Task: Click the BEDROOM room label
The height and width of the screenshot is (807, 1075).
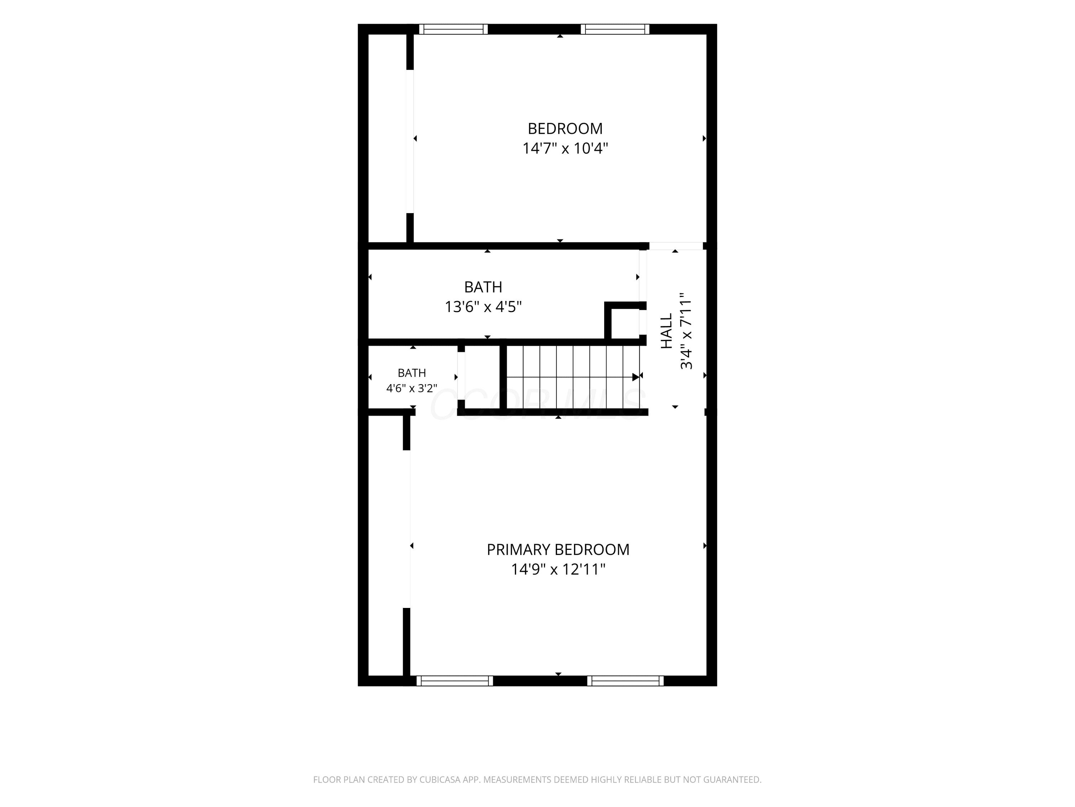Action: click(x=565, y=128)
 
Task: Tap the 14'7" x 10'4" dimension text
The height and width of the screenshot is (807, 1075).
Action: click(x=565, y=148)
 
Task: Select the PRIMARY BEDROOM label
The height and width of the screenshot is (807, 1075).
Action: click(x=558, y=550)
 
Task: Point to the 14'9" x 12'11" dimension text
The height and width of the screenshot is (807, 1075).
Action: click(x=558, y=569)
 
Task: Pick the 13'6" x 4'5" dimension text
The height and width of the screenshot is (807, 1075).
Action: click(x=483, y=307)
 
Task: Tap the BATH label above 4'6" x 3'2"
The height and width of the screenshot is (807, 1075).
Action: click(x=412, y=373)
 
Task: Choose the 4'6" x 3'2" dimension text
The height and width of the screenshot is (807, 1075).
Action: click(x=412, y=388)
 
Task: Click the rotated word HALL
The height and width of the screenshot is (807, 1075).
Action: click(x=666, y=331)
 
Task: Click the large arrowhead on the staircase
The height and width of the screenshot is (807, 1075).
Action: click(x=635, y=377)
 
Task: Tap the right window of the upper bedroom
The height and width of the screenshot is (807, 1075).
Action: click(x=615, y=29)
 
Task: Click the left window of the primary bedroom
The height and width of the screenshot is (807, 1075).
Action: click(x=454, y=681)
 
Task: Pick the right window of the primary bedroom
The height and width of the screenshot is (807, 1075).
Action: click(x=625, y=681)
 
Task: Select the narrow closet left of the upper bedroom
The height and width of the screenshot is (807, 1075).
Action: click(x=387, y=138)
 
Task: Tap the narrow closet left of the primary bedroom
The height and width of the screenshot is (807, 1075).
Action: click(x=386, y=546)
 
